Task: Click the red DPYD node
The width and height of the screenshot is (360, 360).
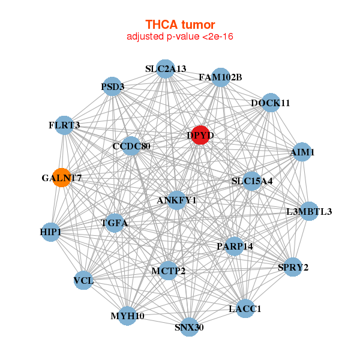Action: pos(200,136)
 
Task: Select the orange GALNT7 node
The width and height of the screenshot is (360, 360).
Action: pos(62,178)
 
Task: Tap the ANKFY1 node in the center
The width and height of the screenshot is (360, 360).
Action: pos(176,200)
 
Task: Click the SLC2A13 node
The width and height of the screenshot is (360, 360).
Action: pos(166,69)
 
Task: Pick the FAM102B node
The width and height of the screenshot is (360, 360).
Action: pos(220,77)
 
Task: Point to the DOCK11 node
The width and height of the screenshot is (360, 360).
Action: pos(270,103)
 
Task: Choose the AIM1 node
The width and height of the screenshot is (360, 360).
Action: pos(302,152)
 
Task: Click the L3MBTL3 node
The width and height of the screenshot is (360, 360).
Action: pos(309,211)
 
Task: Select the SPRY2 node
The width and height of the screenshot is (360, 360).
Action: pos(293,267)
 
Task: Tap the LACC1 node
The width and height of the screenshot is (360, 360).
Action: pos(245,308)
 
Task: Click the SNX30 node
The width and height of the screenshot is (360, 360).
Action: pos(189,327)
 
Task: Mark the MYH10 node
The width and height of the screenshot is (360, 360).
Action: pos(127,316)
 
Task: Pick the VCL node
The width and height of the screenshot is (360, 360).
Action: pos(83,280)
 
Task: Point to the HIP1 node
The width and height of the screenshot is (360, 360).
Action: pos(51,232)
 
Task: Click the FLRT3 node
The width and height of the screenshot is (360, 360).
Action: pos(64,125)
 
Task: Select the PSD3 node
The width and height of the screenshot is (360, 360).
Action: pos(113,87)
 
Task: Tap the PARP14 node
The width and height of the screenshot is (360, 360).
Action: pos(235,246)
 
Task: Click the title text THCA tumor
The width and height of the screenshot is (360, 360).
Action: pos(180,25)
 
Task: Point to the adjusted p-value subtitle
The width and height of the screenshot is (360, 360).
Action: pos(180,37)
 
